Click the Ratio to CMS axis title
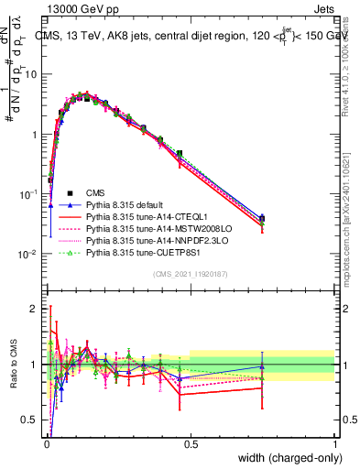coord(13,365)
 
